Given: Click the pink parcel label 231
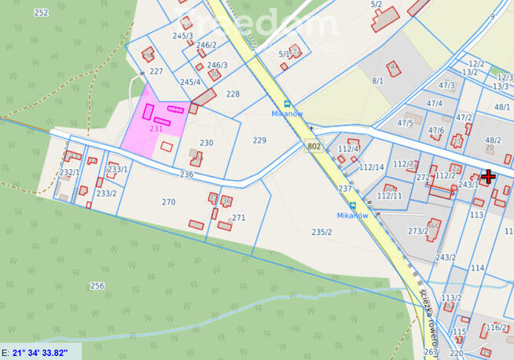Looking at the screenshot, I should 156,128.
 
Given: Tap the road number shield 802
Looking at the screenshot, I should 314,146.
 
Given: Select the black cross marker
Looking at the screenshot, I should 488,176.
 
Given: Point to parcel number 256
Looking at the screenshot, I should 97,285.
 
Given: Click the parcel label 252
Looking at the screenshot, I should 42,13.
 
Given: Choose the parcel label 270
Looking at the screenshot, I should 168,202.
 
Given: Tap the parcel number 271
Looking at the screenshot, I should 239,218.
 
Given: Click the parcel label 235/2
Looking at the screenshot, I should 322,232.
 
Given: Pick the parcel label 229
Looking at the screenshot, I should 260,140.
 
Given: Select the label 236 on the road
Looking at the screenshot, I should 186,174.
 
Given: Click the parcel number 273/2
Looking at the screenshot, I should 418,231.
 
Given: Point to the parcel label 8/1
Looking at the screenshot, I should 378,80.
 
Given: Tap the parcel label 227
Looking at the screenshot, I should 156,71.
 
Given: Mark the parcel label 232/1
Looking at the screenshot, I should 70,172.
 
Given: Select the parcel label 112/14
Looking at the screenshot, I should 372,167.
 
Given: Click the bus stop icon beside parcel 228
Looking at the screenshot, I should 288,103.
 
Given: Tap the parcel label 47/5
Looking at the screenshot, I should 406,123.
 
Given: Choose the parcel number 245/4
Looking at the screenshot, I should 190,82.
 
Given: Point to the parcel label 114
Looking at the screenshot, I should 478,268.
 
